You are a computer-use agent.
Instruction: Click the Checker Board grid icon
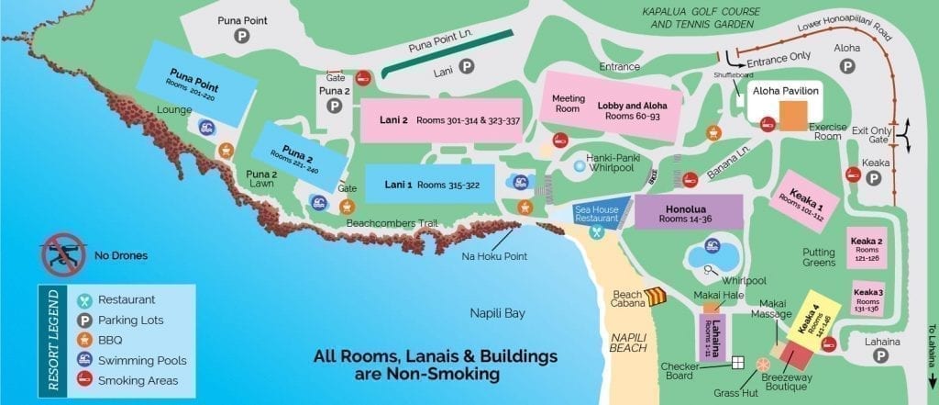click(737, 362)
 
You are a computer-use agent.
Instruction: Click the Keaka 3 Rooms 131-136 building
click(867, 299)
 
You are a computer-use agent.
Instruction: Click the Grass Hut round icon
click(762, 365)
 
